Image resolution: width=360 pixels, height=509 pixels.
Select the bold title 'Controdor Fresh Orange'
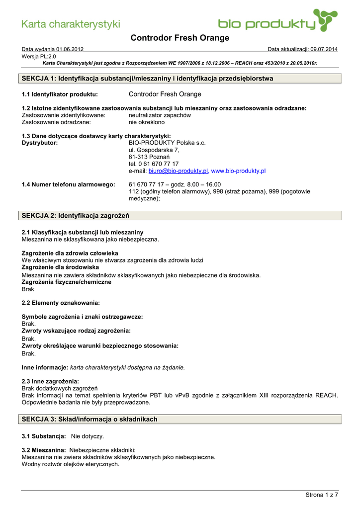click(x=180, y=38)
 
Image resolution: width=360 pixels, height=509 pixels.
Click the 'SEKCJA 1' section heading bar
click(x=181, y=79)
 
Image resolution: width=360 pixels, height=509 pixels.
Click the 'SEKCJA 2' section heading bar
click(x=181, y=215)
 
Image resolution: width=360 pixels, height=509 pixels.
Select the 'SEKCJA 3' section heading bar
click(x=181, y=419)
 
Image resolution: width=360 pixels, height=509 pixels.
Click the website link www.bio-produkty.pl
click(x=239, y=170)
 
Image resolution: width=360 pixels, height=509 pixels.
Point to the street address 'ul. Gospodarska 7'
click(x=154, y=150)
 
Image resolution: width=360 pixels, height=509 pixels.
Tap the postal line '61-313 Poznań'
click(x=149, y=157)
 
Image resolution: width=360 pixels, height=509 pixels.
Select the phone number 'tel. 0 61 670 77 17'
click(x=154, y=164)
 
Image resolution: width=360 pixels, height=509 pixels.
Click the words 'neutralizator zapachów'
click(x=160, y=115)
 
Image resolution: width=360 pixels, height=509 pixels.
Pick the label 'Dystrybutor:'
click(x=40, y=143)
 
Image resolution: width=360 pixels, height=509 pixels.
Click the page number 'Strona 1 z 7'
click(x=321, y=495)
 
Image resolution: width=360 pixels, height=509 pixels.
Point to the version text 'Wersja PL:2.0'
click(x=39, y=57)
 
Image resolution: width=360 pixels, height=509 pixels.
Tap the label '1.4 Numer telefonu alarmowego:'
click(x=69, y=184)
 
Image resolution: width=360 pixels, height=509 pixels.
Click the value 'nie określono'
click(x=147, y=122)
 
